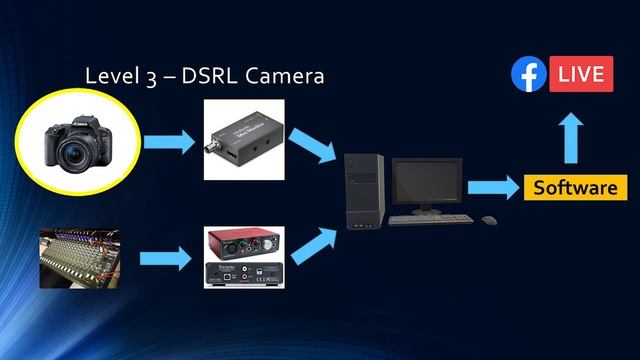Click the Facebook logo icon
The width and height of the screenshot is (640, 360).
528,75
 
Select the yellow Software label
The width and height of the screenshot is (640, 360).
574,187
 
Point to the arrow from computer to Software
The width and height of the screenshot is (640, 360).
493,187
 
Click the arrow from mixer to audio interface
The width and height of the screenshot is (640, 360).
164,259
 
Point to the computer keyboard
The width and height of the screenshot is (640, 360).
428,219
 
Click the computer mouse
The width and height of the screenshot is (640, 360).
488,220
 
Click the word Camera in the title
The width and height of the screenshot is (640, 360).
284,75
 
